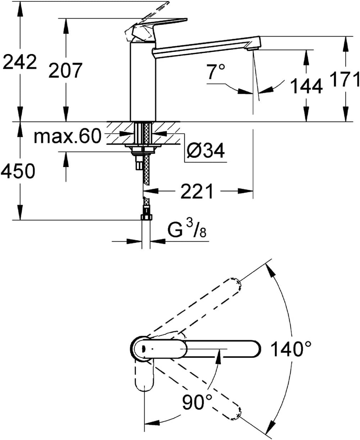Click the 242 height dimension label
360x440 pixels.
pos(19,62)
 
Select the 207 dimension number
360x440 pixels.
pos(66,70)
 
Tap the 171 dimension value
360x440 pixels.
pos(345,79)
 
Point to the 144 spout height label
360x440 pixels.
pos(306,86)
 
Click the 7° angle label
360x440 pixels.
pos(216,71)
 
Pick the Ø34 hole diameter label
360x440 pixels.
pos(206,151)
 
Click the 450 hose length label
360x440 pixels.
pos(18,171)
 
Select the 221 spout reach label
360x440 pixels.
pos(197,191)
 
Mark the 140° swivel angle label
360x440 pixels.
pos(291,349)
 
